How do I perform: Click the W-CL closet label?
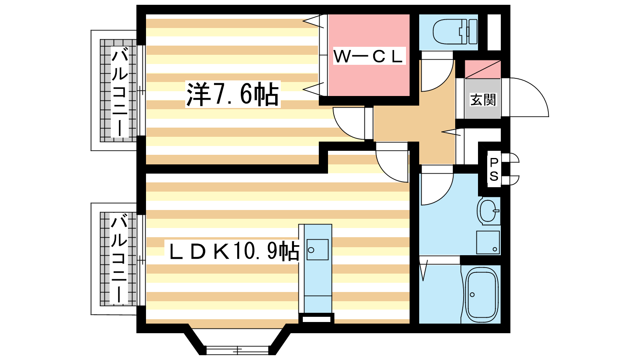(369, 56)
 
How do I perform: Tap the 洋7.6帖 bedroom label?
(233, 94)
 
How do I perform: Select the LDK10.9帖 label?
(234, 251)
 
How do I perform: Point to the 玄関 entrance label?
(483, 100)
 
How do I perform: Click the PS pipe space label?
(494, 170)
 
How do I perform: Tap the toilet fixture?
(455, 32)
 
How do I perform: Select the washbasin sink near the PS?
(488, 211)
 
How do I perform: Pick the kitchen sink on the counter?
(318, 250)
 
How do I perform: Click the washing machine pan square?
(488, 242)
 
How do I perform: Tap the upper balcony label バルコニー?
(120, 92)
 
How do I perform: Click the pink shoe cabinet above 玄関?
(482, 69)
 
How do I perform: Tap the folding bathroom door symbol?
(424, 270)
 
